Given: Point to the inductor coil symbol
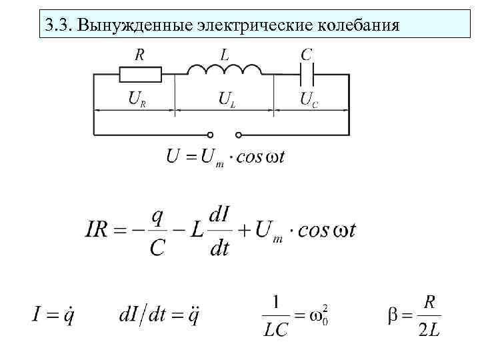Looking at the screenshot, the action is tap(224, 70).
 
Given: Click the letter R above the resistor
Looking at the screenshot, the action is tap(140, 54).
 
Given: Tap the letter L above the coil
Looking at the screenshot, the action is tap(224, 54).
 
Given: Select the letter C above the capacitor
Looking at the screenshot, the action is tap(307, 54).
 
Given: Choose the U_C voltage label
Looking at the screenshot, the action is tap(308, 100).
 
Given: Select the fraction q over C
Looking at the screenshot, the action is tap(157, 232).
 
